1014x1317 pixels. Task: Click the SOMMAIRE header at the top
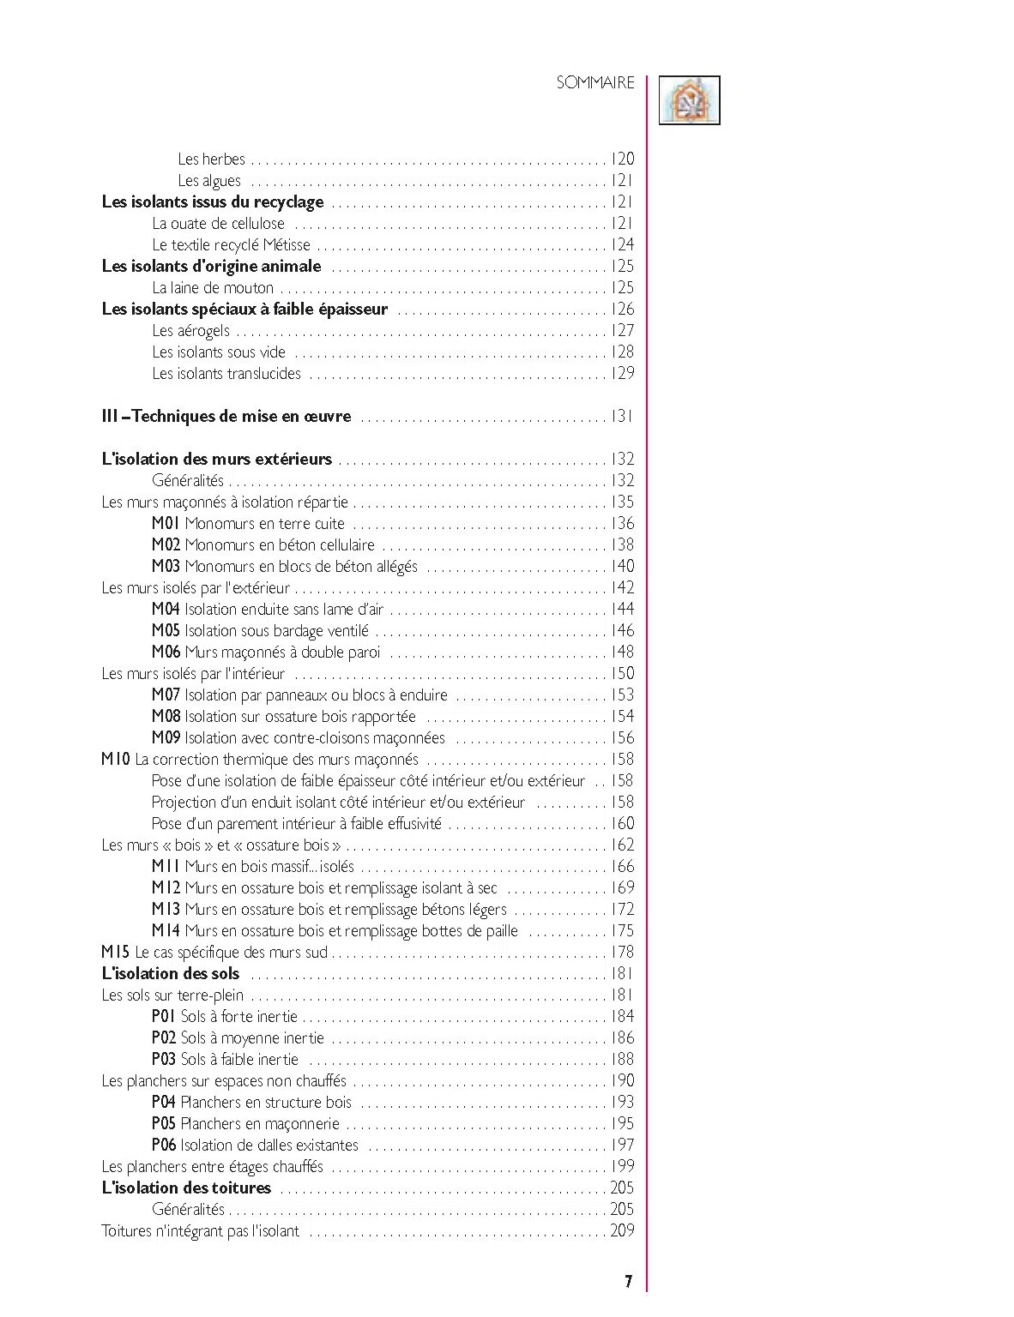pyautogui.click(x=595, y=82)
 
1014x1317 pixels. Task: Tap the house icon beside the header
pyautogui.click(x=689, y=100)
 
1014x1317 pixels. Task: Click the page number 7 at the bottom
pyautogui.click(x=628, y=1281)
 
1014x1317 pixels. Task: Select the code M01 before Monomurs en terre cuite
pyautogui.click(x=166, y=523)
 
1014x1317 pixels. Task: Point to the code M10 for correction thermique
pyautogui.click(x=116, y=759)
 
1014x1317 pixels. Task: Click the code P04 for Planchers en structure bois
pyautogui.click(x=163, y=1102)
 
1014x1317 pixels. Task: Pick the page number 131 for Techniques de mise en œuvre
pyautogui.click(x=622, y=416)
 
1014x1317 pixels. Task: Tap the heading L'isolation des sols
pyautogui.click(x=171, y=973)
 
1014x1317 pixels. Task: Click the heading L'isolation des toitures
pyautogui.click(x=186, y=1188)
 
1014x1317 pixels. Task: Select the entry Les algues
pyautogui.click(x=209, y=180)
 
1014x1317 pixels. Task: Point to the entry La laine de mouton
pyautogui.click(x=213, y=287)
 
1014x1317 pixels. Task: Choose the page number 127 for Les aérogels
pyautogui.click(x=622, y=330)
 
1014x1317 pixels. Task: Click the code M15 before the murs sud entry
pyautogui.click(x=116, y=952)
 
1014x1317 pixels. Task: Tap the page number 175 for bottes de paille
pyautogui.click(x=622, y=930)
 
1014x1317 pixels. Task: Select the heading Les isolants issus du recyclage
pyautogui.click(x=213, y=201)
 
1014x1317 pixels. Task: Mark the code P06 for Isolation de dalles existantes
pyautogui.click(x=164, y=1145)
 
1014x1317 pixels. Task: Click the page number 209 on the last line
pyautogui.click(x=622, y=1230)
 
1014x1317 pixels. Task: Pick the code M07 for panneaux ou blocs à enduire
pyautogui.click(x=166, y=695)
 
